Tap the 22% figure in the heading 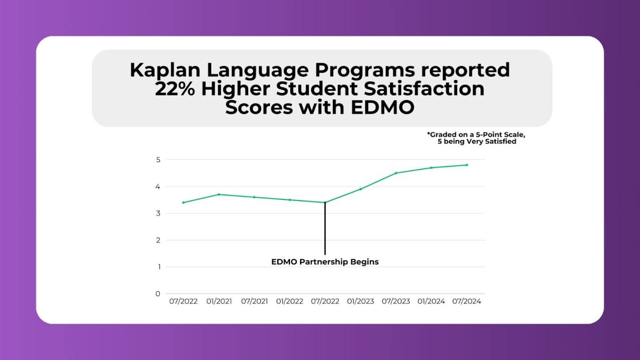tap(175, 89)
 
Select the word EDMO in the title tap(382, 107)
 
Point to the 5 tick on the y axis tap(158, 160)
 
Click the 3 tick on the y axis tap(158, 213)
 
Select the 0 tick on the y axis tap(158, 294)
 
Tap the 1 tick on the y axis tap(159, 267)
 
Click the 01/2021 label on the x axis tap(219, 301)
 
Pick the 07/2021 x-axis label tap(254, 301)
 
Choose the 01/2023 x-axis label tap(360, 301)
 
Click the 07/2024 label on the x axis tap(467, 301)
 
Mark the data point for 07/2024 tap(467, 165)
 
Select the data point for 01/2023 tap(360, 189)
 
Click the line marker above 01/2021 tap(219, 195)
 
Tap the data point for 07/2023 tap(396, 173)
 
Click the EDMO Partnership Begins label tap(325, 262)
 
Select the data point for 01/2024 tap(431, 168)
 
